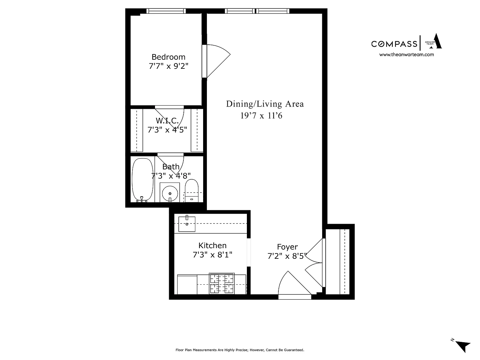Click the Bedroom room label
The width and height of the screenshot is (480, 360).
pos(168,57)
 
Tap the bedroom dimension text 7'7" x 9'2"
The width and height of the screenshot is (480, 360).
pos(168,66)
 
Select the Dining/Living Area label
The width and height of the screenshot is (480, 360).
pos(265,104)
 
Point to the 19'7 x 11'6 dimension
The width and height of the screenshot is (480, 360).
pos(261,116)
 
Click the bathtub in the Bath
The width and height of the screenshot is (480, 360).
pos(142,180)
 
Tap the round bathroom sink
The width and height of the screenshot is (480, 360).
pos(170,193)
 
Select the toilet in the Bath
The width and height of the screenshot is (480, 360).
pos(192,191)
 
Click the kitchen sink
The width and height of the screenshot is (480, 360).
pos(187,224)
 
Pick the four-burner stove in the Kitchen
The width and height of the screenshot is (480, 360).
pos(222,283)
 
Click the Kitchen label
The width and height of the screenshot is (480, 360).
pos(212,246)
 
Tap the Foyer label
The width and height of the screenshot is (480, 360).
pos(287,247)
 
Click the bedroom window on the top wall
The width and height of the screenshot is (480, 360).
pos(166,11)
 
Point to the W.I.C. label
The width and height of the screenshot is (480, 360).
pos(167,121)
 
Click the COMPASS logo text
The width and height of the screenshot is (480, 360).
pos(394,44)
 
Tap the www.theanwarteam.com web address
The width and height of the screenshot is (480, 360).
pos(407,55)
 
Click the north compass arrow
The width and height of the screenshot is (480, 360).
pos(463,346)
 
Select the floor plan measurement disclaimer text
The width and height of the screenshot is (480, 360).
pos(240,350)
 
